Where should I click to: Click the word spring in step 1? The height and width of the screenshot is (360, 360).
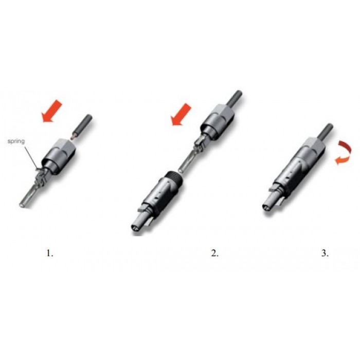pos(16,141)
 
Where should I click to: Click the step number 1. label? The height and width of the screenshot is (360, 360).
pos(50,253)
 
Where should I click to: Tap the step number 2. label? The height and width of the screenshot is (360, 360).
pos(214,253)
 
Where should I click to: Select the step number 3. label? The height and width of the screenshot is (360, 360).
pos(325,253)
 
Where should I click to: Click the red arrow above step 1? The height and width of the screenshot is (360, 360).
pos(52,111)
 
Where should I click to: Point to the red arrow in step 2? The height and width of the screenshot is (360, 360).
pos(182,115)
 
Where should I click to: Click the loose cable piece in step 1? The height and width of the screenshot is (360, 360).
pos(82,127)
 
